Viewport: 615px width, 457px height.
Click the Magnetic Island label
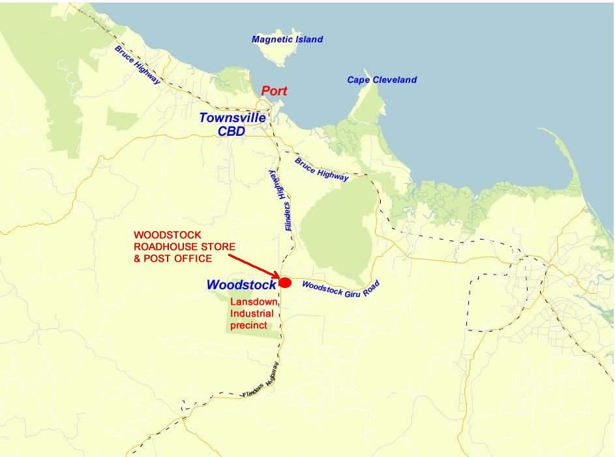(x=287, y=39)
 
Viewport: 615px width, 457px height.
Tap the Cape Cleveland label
(x=382, y=80)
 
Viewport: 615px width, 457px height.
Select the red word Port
(x=274, y=91)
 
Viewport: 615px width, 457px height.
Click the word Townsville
(x=232, y=118)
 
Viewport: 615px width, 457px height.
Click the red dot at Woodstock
(x=285, y=282)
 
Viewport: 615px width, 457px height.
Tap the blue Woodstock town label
(x=241, y=285)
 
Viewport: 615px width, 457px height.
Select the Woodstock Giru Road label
(x=340, y=289)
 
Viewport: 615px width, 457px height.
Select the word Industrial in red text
(x=252, y=314)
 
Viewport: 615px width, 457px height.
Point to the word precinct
(x=248, y=325)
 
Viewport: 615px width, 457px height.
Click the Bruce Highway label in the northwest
(x=138, y=65)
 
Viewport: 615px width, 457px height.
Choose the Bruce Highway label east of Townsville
(x=322, y=169)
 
